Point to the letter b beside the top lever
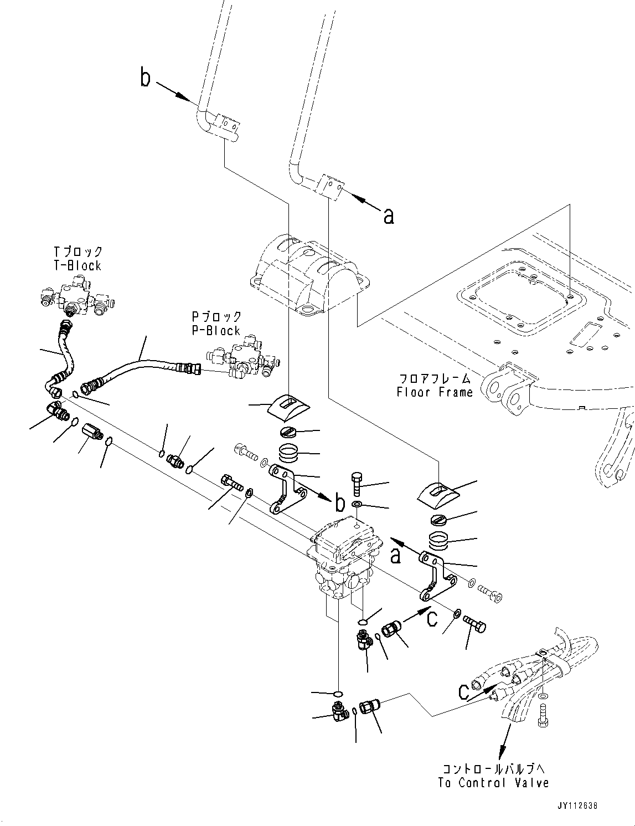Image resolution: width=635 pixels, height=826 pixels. pyautogui.click(x=145, y=79)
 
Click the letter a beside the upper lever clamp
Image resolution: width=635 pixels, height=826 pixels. pyautogui.click(x=389, y=216)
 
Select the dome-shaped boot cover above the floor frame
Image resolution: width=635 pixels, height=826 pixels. pyautogui.click(x=310, y=277)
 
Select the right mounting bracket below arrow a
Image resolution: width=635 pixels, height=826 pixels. pyautogui.click(x=437, y=576)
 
